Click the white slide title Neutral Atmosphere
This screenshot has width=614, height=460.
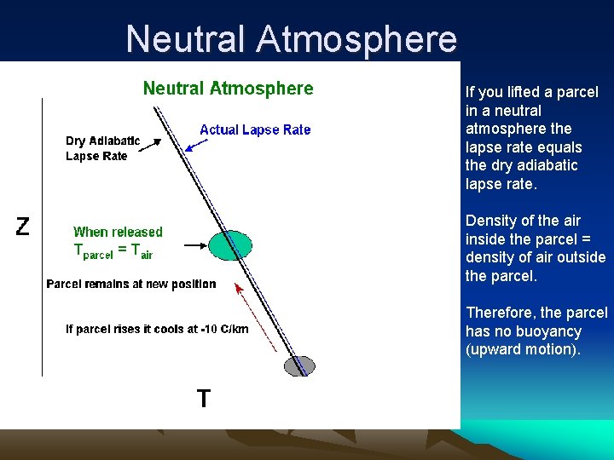click(x=291, y=39)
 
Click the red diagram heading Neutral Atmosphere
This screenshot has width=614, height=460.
click(x=228, y=89)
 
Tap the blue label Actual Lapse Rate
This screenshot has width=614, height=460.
click(x=255, y=129)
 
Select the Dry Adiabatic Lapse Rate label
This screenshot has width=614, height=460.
click(x=102, y=148)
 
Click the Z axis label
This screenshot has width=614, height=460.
click(x=23, y=227)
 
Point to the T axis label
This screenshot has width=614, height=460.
click(x=204, y=398)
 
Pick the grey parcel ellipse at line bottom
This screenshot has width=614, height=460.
click(x=299, y=366)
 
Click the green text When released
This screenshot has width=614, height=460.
click(x=118, y=232)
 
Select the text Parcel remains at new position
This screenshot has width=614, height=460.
click(x=131, y=284)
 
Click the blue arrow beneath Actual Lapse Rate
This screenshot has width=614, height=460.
click(x=197, y=144)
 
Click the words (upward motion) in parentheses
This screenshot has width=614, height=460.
click(x=522, y=349)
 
